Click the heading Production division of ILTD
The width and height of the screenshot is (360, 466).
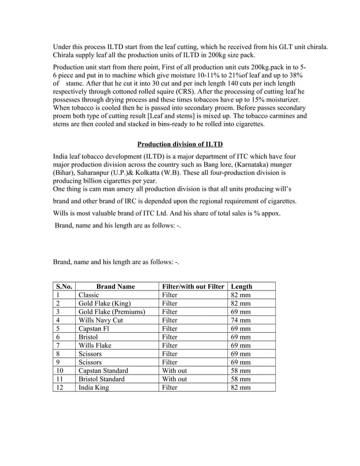[x=180, y=144]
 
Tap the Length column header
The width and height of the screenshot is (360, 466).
[x=242, y=287]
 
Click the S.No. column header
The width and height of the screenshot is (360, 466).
[x=64, y=287]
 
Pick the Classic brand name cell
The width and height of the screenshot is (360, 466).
[x=89, y=295]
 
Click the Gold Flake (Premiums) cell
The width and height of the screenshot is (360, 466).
[x=112, y=311]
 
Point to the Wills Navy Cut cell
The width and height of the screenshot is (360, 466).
[x=100, y=320]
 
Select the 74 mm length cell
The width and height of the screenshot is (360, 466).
[x=241, y=320]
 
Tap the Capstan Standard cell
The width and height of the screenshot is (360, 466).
[x=103, y=371]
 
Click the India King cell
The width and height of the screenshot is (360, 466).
[x=94, y=388]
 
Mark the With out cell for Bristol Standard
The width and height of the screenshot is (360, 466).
[x=174, y=379]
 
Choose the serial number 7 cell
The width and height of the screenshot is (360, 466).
[x=58, y=345]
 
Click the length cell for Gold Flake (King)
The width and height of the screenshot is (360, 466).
[x=241, y=303]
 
